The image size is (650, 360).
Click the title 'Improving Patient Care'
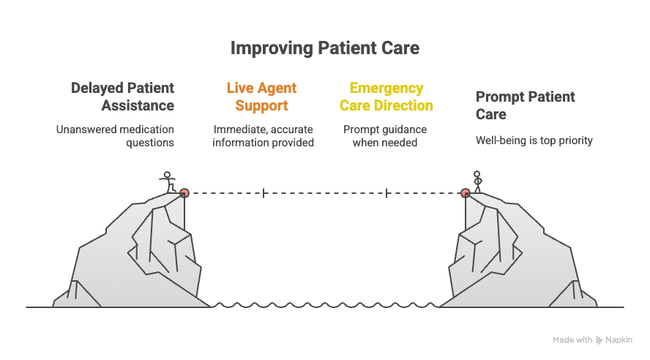(325, 48)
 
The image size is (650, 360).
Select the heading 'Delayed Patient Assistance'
(123, 97)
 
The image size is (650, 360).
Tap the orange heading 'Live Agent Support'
(261, 97)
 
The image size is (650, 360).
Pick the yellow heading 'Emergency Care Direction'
(386, 97)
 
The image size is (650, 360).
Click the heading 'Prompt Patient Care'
(525, 105)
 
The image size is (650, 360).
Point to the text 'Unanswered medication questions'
(116, 136)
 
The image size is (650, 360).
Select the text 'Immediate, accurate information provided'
(263, 136)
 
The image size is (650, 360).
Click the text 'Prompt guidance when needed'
(385, 136)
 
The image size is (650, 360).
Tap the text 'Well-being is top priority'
(534, 140)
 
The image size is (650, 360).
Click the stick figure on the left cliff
(168, 181)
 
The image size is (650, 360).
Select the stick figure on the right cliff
(478, 181)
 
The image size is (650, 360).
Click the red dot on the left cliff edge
(184, 193)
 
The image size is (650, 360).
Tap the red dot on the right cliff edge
(466, 193)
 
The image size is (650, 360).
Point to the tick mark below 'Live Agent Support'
(264, 193)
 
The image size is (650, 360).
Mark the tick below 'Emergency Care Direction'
(386, 193)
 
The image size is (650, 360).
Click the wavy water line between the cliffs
(325, 306)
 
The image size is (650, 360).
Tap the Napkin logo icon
(599, 340)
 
